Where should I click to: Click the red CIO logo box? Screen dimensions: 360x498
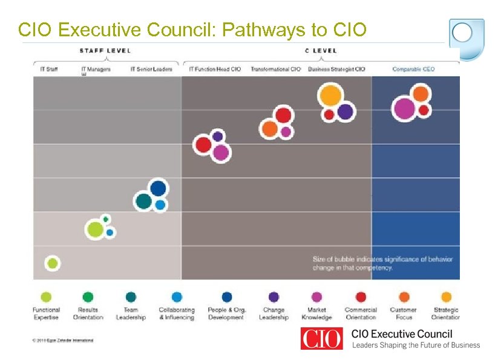321,338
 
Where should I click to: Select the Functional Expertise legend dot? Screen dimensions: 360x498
46,297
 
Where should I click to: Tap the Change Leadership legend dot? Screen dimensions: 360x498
274,297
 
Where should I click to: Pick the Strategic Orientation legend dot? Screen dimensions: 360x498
446,297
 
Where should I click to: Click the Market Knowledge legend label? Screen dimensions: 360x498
316,313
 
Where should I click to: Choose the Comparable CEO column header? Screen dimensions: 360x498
413,69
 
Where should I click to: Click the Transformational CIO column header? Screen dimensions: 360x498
275,69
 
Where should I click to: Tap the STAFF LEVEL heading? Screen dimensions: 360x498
105,50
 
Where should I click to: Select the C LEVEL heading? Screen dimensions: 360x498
321,50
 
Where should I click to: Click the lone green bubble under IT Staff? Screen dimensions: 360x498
53,263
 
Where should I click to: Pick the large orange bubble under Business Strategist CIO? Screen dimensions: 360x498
331,96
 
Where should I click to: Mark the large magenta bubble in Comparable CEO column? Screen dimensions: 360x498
404,109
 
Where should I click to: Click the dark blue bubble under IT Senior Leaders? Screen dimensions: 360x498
158,188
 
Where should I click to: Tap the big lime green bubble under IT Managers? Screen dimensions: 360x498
95,229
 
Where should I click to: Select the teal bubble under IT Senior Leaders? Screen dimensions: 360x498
144,201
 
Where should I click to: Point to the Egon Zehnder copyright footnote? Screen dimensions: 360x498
63,340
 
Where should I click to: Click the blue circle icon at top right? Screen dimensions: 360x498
463,33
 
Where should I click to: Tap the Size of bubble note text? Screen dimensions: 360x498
382,263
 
